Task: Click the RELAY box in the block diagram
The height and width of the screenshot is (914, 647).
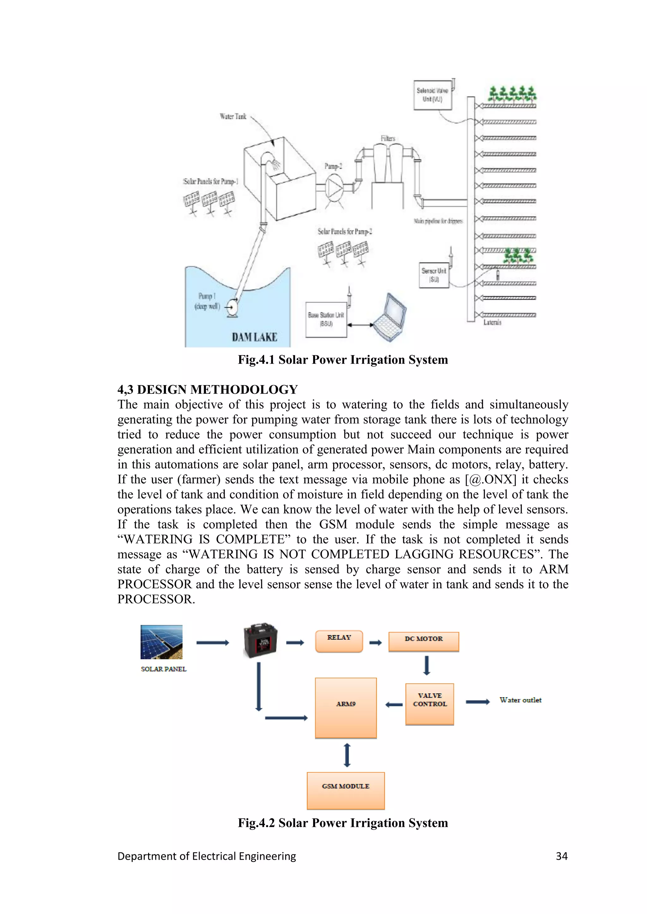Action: pyautogui.click(x=339, y=641)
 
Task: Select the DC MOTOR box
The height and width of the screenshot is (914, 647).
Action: pyautogui.click(x=424, y=642)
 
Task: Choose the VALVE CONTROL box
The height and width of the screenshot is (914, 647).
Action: pyautogui.click(x=429, y=704)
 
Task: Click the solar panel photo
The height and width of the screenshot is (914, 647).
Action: pyautogui.click(x=161, y=642)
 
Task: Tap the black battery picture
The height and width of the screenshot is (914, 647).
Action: pyautogui.click(x=260, y=640)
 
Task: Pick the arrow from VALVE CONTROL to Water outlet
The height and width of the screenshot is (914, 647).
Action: pyautogui.click(x=478, y=702)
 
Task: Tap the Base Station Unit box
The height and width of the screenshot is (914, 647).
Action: pyautogui.click(x=326, y=320)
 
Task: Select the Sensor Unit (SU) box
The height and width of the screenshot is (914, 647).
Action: pyautogui.click(x=434, y=275)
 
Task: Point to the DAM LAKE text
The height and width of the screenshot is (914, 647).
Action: pyautogui.click(x=255, y=337)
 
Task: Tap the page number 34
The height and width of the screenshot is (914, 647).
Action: pyautogui.click(x=561, y=856)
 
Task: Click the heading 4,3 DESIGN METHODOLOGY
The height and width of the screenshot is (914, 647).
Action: pyautogui.click(x=208, y=389)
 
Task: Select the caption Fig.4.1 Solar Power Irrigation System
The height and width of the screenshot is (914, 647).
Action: pyautogui.click(x=343, y=360)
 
